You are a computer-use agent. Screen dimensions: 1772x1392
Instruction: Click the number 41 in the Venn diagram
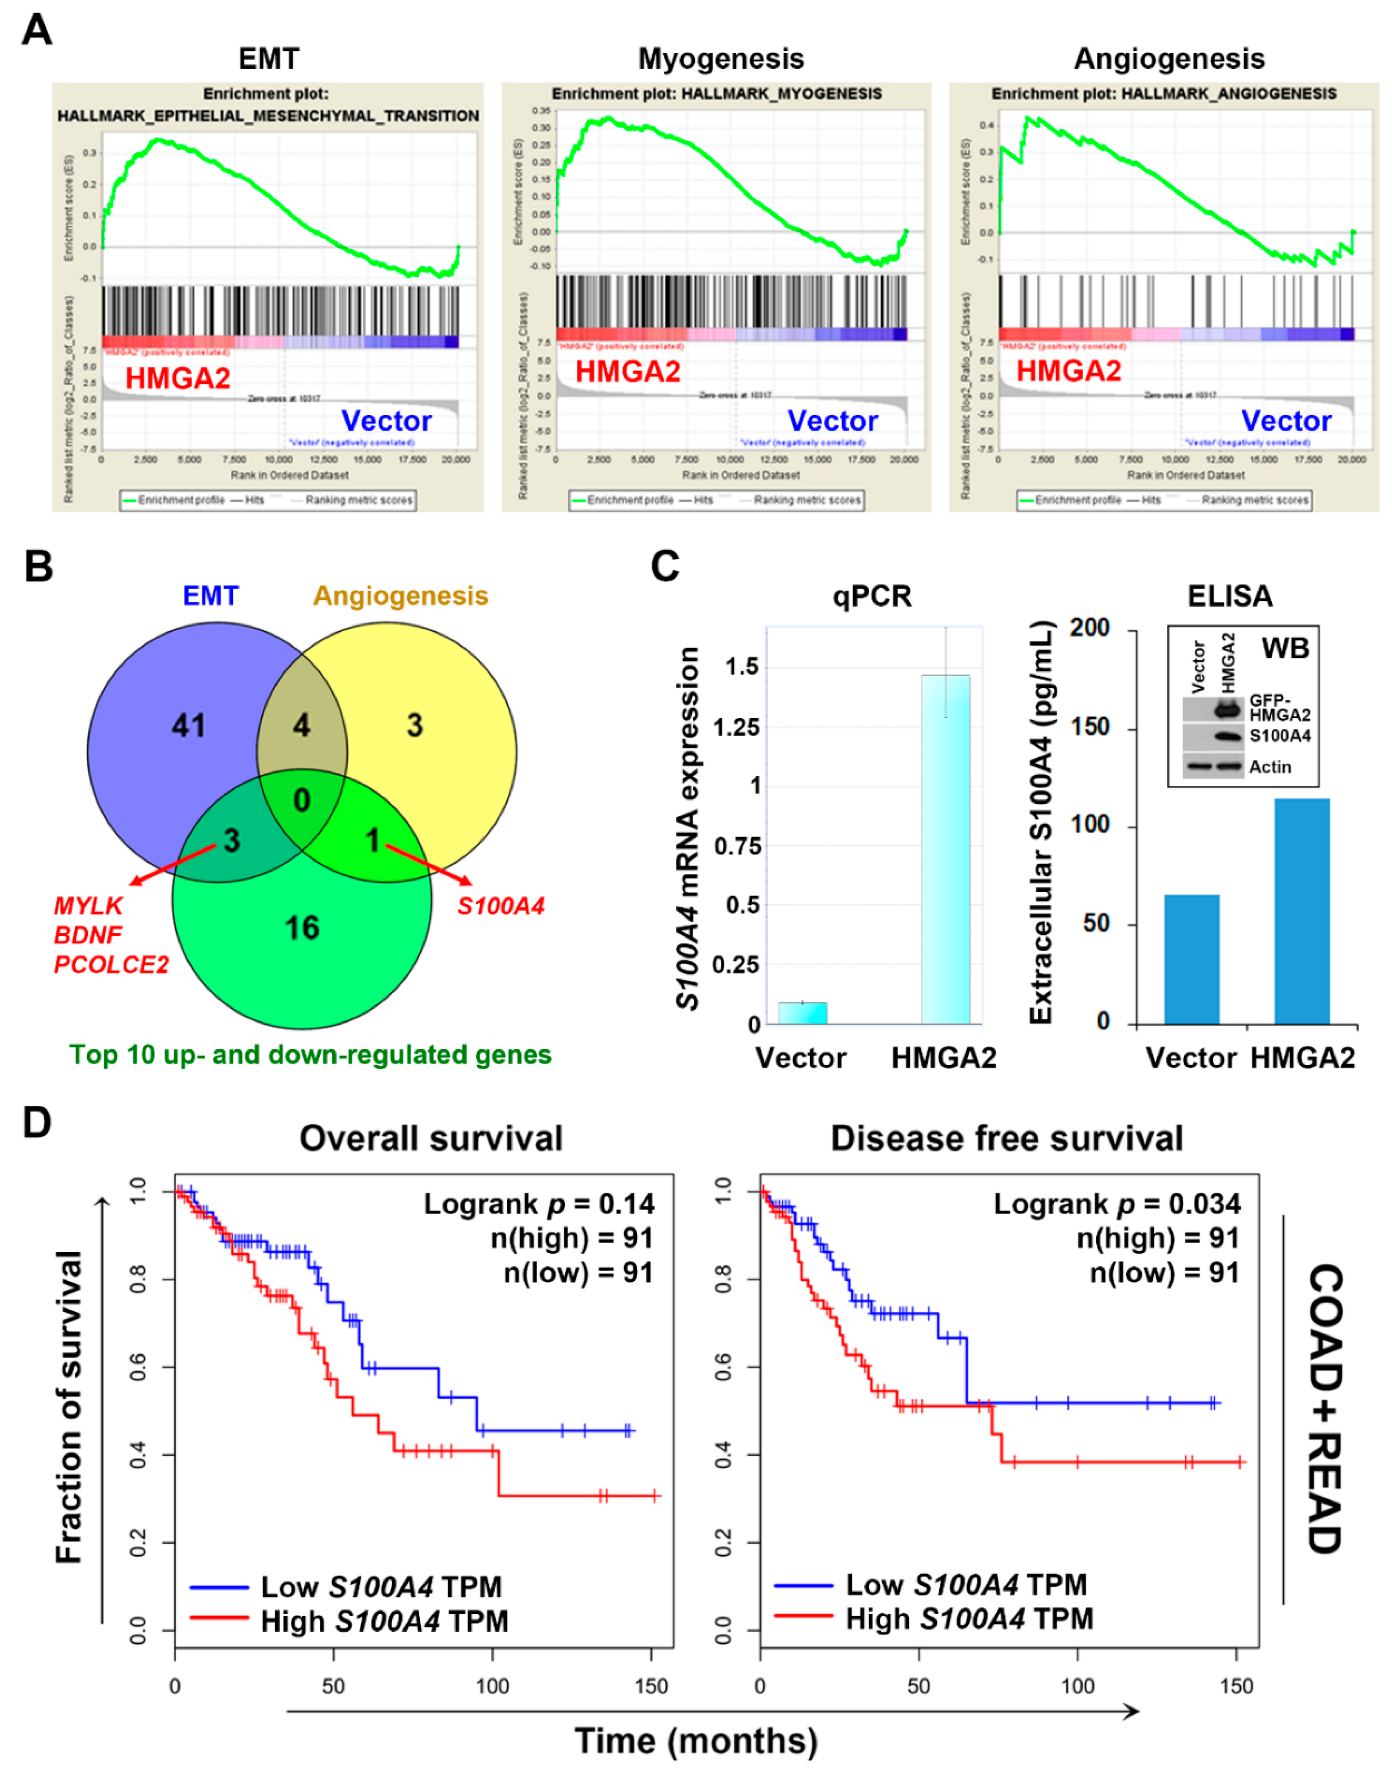188,725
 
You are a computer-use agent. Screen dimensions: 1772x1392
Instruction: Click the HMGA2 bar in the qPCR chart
945,848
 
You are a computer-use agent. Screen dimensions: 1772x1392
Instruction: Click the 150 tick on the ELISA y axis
1090,727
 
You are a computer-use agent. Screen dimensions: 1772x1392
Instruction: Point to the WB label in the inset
1285,649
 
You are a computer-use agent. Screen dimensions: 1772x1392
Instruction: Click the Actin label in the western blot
1270,767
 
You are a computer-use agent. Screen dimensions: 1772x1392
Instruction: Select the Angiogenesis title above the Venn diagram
401,596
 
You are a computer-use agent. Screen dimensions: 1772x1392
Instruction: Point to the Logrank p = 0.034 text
1117,1204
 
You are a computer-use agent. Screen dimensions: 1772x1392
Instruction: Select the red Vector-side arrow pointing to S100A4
428,864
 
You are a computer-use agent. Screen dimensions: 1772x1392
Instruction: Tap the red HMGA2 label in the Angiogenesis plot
1068,372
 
